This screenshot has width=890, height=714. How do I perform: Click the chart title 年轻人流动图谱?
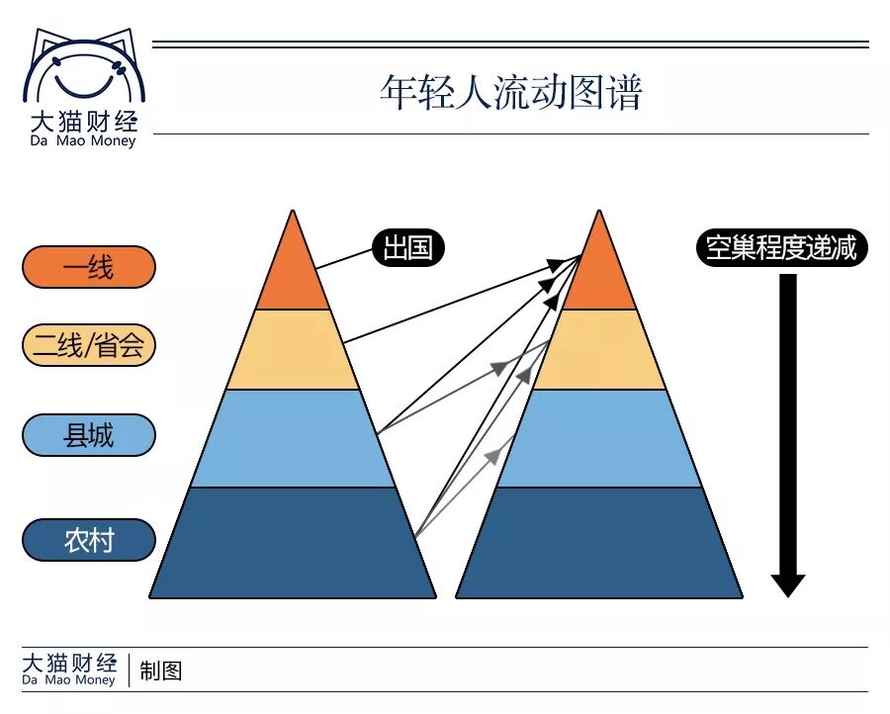point(511,93)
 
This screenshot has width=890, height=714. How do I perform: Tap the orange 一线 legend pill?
point(89,267)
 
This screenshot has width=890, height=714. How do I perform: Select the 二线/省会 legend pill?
point(89,345)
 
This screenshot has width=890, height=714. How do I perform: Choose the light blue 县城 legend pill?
point(89,435)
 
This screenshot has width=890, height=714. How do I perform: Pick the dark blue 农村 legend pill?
point(89,540)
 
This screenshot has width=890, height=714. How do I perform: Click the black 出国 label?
point(407,247)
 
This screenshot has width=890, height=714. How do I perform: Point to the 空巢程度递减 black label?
point(781,247)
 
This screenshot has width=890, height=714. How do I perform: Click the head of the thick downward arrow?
point(788,583)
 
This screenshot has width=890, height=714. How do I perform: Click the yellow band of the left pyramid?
point(293,349)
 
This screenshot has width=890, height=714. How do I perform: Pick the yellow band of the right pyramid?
point(599,349)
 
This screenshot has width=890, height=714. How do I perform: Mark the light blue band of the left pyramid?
point(293,438)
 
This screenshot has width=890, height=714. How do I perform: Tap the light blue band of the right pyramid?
point(599,438)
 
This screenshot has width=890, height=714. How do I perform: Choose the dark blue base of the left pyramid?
point(293,543)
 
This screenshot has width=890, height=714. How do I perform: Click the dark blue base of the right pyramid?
point(599,543)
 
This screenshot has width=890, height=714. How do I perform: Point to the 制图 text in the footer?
point(161,671)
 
